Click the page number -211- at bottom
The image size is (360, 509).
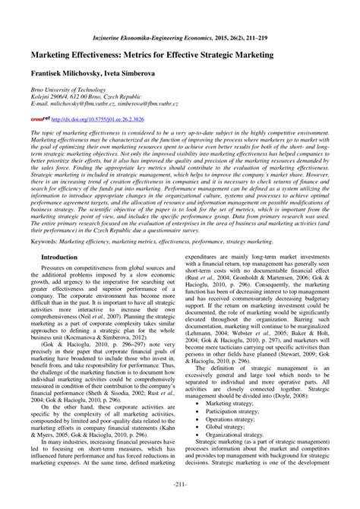coord(179,485)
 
